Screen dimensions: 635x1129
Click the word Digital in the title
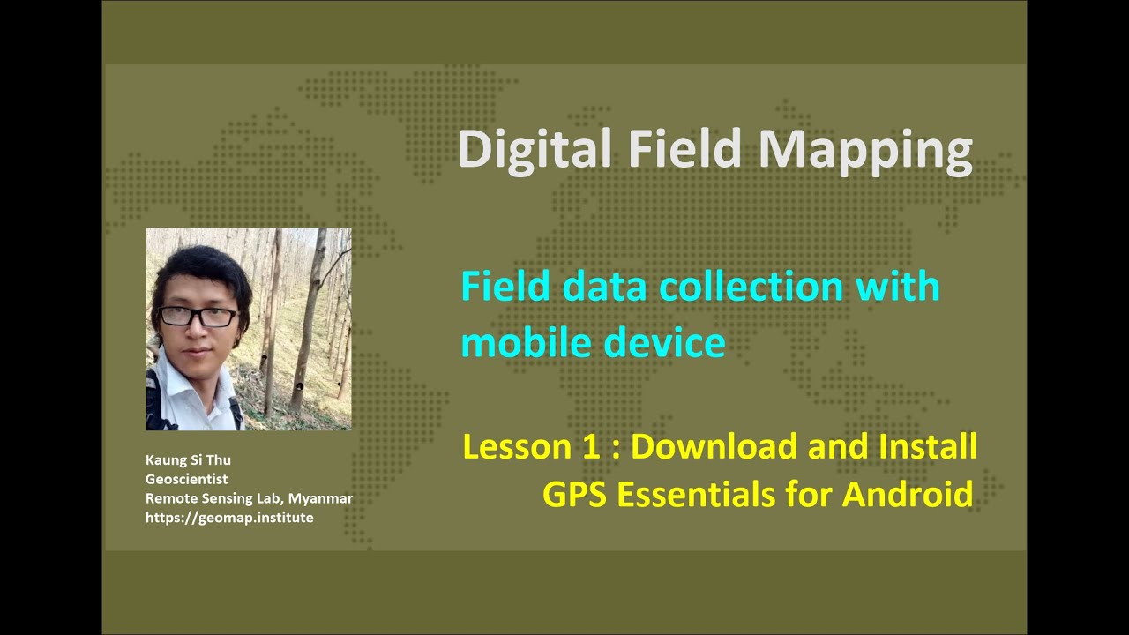[x=535, y=150]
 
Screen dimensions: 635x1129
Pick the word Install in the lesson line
[x=927, y=447]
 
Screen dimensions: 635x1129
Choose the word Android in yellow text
[x=908, y=494]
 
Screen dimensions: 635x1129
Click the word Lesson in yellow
[x=517, y=447]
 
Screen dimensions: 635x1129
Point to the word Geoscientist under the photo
[x=186, y=479]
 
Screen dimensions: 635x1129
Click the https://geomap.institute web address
[x=229, y=518]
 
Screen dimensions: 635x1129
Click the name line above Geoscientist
[x=188, y=460]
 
